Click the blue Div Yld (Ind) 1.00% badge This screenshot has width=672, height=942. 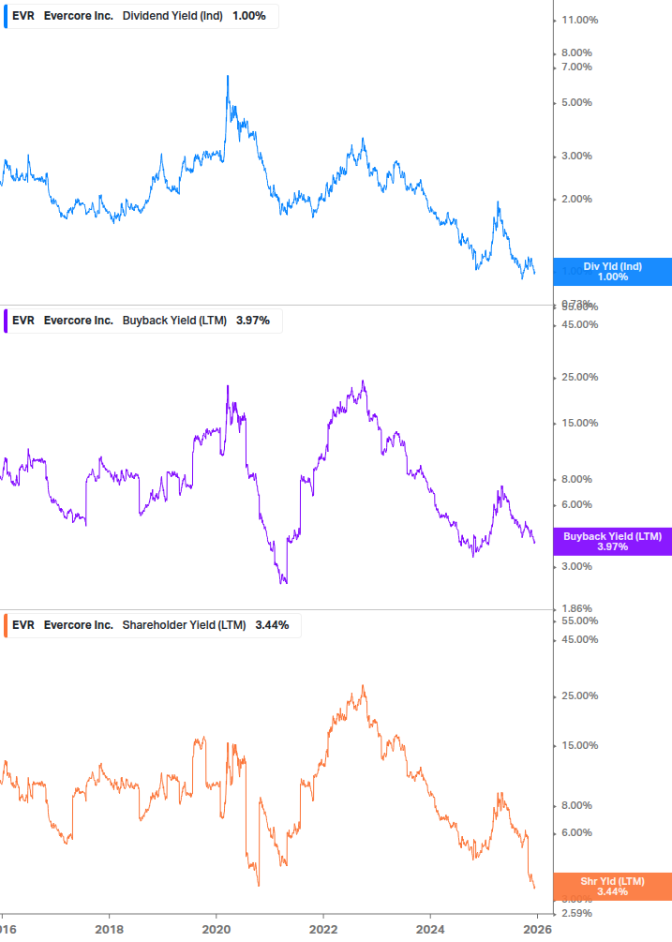point(612,272)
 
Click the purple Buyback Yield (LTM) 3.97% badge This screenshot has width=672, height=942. point(612,542)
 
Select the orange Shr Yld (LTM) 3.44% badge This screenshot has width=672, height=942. point(612,886)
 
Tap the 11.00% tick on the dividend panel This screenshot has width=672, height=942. point(577,20)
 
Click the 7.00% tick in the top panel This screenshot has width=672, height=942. point(575,67)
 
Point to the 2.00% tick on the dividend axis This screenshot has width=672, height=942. point(575,199)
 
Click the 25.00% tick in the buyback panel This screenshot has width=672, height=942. point(577,377)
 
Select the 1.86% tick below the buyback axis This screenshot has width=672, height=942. point(575,608)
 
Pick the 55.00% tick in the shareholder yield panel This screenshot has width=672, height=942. point(577,621)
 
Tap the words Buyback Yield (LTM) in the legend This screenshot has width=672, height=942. point(175,321)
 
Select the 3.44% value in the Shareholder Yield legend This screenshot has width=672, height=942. point(272,624)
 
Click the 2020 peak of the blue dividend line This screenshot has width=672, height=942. point(228,77)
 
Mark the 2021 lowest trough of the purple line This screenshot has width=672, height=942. point(284,582)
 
